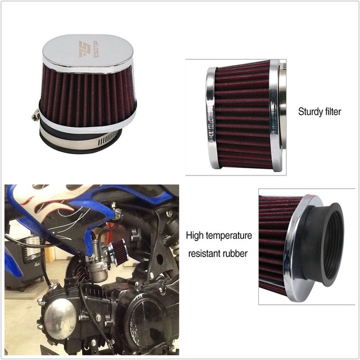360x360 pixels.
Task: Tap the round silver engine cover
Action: point(60,318)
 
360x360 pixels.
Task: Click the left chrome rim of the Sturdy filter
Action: point(211,118)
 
